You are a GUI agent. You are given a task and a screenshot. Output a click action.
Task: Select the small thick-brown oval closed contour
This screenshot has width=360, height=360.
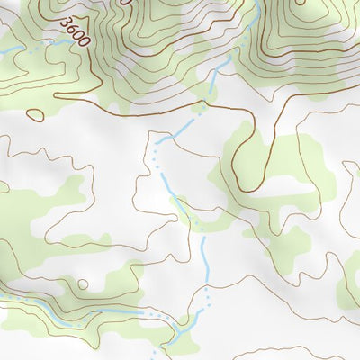[x=35, y=114]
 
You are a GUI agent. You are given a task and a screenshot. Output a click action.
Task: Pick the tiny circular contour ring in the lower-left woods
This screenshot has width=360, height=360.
[x=83, y=284]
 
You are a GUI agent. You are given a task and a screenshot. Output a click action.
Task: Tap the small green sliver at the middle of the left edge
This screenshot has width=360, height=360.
[x=3, y=187]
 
